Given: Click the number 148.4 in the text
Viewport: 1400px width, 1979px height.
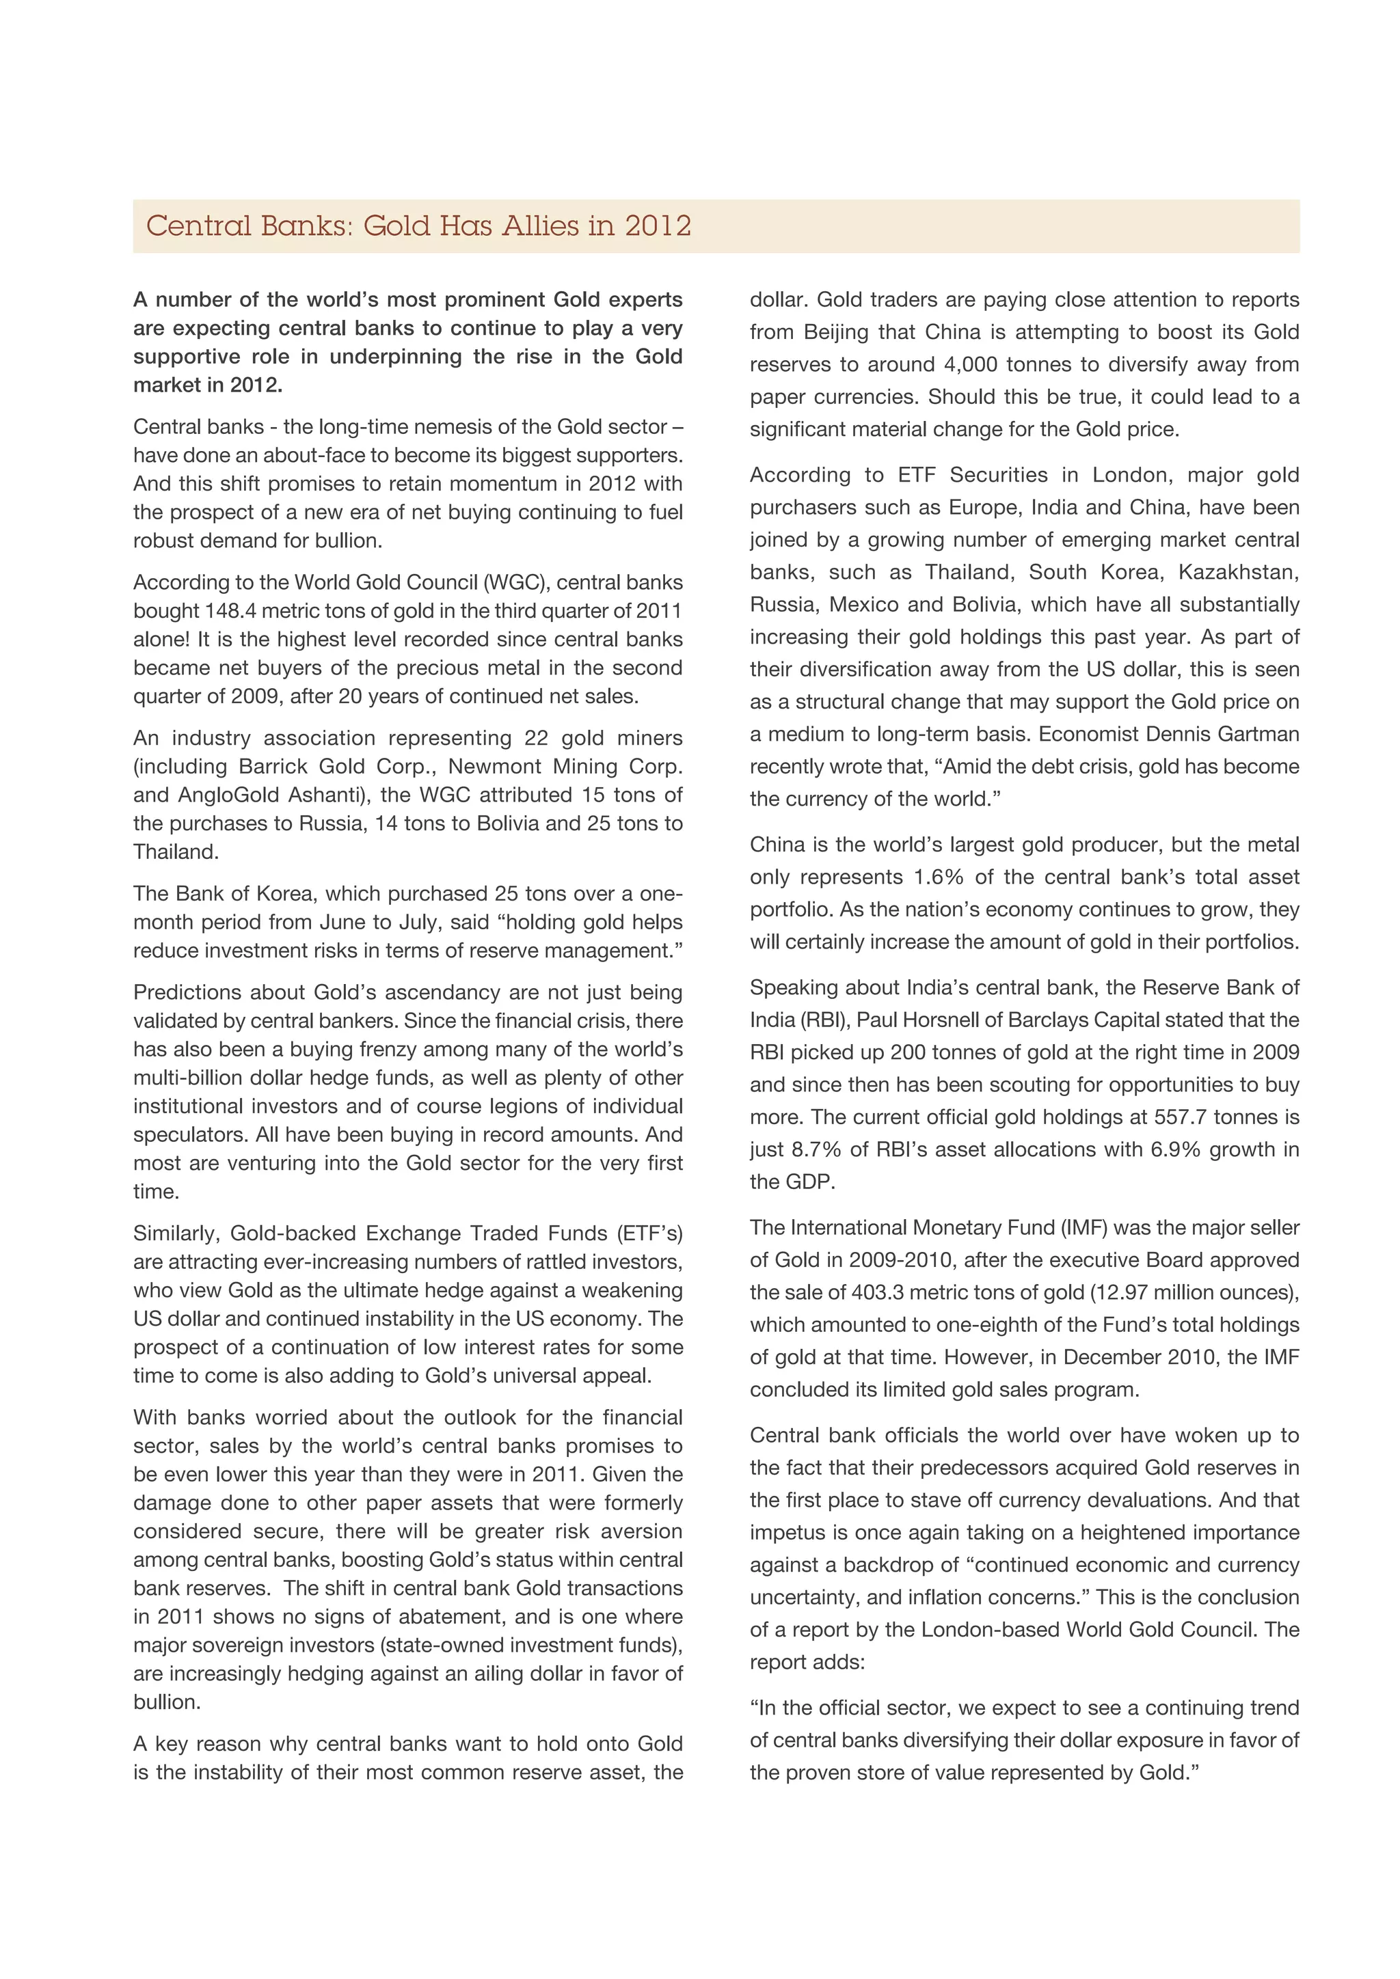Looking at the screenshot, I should tap(229, 611).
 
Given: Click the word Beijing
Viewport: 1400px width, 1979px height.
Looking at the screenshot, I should tap(836, 332).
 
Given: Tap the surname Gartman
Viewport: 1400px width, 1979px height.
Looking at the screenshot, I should tap(1258, 735).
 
